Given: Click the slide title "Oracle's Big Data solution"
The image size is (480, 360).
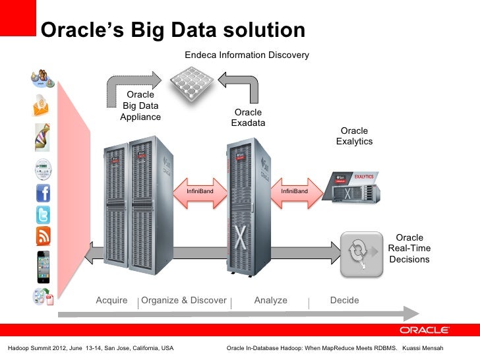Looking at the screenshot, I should [173, 30].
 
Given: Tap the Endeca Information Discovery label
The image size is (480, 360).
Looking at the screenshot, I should [247, 55].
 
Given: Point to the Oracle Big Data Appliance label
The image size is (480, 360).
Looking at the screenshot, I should [140, 106].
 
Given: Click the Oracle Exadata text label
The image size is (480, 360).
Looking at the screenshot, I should [248, 118].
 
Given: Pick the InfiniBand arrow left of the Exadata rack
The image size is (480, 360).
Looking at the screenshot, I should [199, 191].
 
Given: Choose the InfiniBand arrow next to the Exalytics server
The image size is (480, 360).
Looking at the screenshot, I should [294, 191].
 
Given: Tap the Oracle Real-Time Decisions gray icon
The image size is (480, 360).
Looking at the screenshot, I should [361, 255].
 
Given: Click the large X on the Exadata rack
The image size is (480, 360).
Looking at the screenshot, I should [240, 236].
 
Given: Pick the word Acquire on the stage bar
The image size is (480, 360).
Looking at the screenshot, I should [111, 301].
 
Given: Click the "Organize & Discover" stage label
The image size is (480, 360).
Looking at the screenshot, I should [184, 301].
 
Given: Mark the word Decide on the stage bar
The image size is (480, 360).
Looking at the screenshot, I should [344, 301].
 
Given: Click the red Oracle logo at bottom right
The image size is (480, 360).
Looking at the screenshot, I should [424, 330].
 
